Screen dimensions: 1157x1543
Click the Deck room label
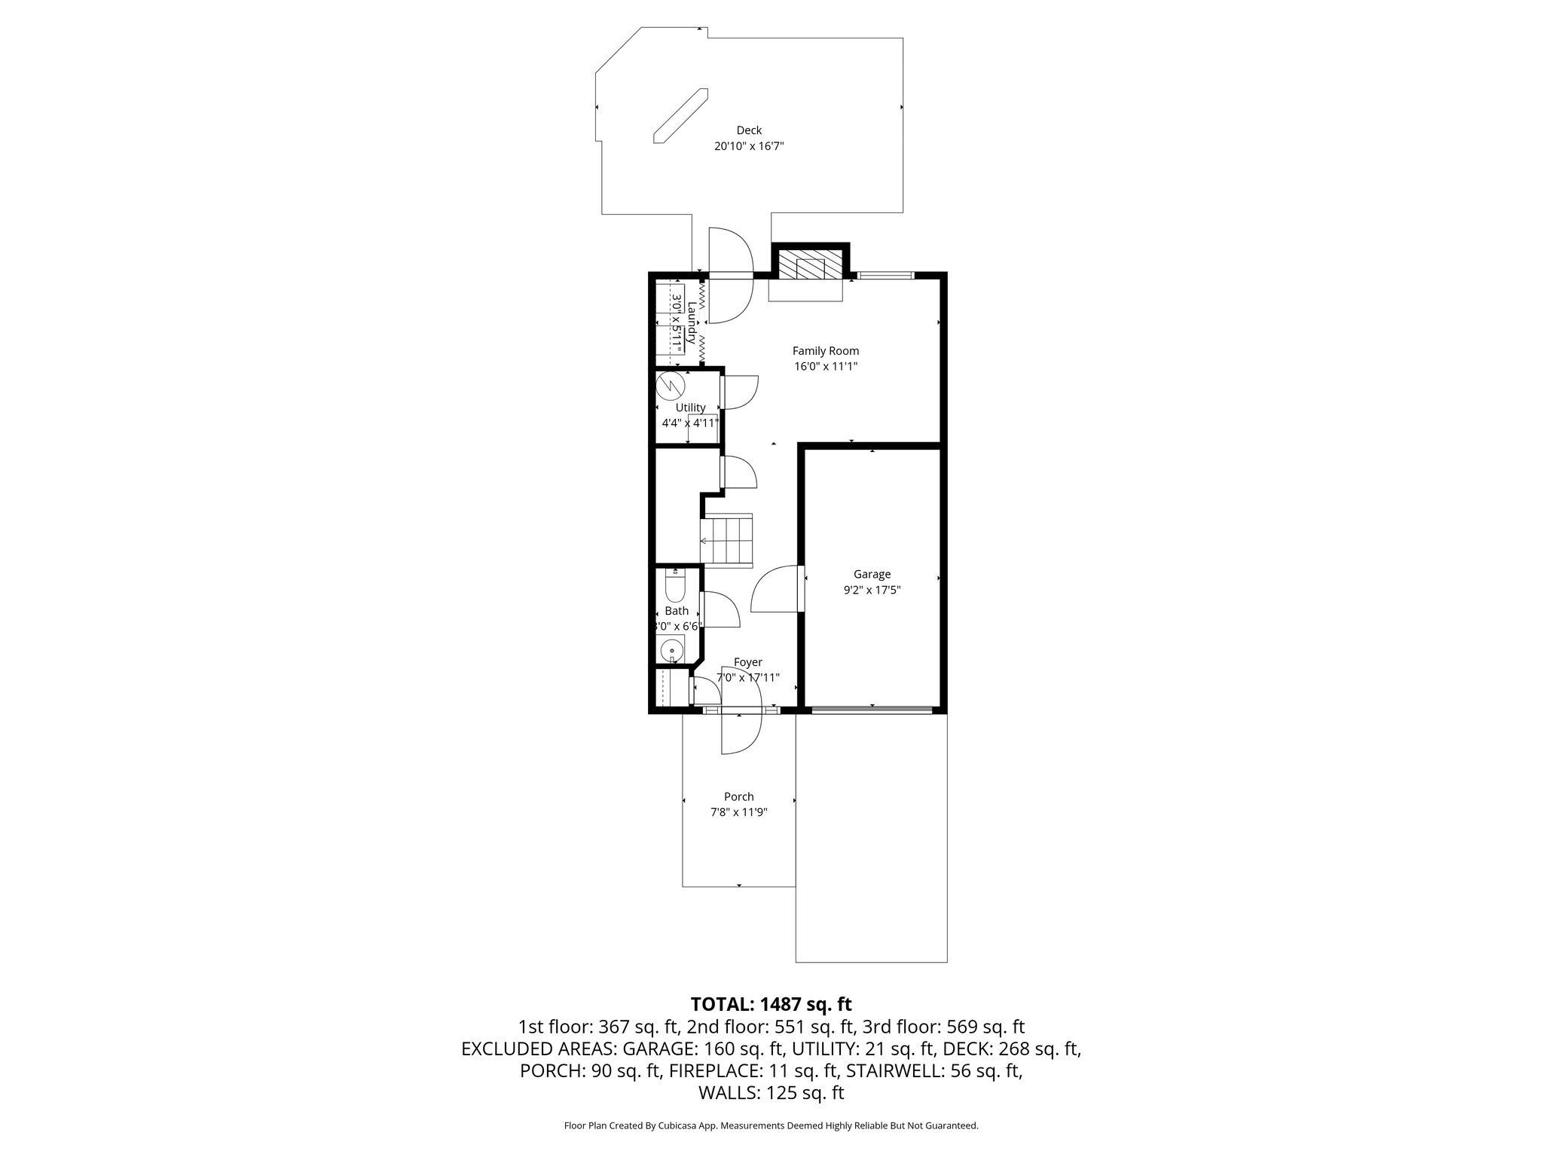pyautogui.click(x=749, y=130)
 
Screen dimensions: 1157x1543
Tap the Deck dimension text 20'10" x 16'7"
pyautogui.click(x=749, y=147)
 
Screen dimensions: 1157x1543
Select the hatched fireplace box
pyautogui.click(x=811, y=265)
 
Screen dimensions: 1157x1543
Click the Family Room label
pyautogui.click(x=825, y=351)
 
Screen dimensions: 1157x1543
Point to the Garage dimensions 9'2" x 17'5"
pyautogui.click(x=872, y=591)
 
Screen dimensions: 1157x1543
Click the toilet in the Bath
pyautogui.click(x=675, y=586)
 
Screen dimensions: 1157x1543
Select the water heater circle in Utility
pyautogui.click(x=669, y=386)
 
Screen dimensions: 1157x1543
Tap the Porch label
pyautogui.click(x=738, y=797)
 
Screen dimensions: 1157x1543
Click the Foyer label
pyautogui.click(x=747, y=663)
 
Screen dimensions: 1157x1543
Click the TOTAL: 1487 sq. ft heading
pyautogui.click(x=771, y=1004)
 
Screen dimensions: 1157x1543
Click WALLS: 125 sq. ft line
pyautogui.click(x=771, y=1093)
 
